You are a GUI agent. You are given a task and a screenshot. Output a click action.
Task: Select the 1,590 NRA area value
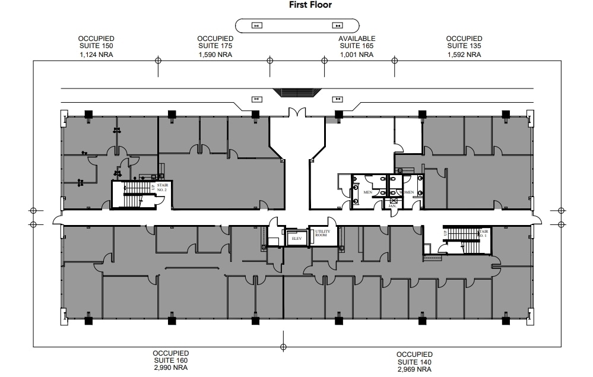[x=214, y=55]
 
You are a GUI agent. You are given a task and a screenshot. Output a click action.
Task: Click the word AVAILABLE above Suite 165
[x=357, y=39]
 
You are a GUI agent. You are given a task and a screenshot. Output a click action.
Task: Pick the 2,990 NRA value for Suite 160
[x=170, y=368]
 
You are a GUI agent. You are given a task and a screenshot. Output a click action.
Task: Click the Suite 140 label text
[x=414, y=362]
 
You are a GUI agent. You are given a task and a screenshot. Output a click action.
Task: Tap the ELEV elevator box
[x=296, y=239]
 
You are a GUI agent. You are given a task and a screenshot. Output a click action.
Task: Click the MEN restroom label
[x=367, y=192]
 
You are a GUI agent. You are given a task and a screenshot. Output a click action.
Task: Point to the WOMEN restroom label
[x=407, y=192]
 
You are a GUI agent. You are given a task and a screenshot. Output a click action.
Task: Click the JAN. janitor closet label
[x=392, y=205]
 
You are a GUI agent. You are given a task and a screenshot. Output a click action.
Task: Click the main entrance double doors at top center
[x=297, y=112]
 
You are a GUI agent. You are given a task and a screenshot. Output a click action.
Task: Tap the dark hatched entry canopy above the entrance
[x=297, y=93]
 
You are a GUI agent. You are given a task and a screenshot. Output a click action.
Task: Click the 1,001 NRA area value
[x=357, y=55]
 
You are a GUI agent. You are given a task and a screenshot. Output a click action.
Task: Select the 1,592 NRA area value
[x=464, y=55]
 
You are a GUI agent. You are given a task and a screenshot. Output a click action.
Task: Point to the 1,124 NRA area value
[x=96, y=55]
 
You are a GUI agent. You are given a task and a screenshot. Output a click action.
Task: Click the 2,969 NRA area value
[x=414, y=370]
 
